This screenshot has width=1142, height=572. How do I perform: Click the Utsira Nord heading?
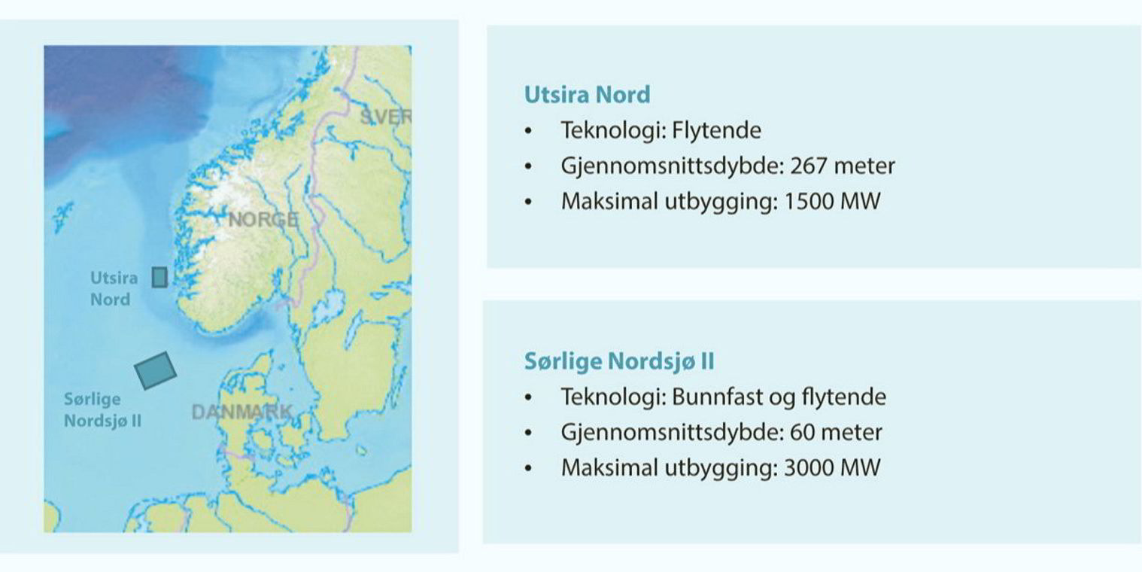(x=587, y=96)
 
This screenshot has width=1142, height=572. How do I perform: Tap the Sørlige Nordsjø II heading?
(x=618, y=362)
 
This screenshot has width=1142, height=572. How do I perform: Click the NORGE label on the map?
(x=263, y=221)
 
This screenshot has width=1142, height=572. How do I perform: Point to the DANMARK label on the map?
(x=241, y=412)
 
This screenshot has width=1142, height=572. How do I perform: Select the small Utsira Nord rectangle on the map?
(x=159, y=277)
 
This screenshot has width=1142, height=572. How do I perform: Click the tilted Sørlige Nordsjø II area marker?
(x=155, y=370)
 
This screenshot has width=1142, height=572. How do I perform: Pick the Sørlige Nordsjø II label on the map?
(x=102, y=409)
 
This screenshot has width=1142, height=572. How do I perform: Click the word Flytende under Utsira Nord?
(x=716, y=130)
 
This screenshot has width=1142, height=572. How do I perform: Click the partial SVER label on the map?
(x=385, y=117)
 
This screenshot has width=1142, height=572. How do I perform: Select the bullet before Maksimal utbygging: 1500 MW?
(x=530, y=202)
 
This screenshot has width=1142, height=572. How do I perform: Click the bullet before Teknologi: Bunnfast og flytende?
(x=530, y=397)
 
